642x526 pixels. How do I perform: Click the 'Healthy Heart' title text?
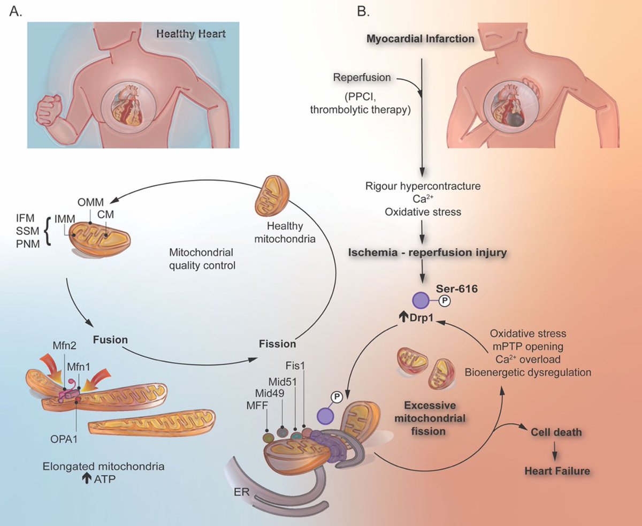click(x=190, y=34)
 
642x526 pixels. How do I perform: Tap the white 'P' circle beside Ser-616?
click(x=444, y=302)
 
